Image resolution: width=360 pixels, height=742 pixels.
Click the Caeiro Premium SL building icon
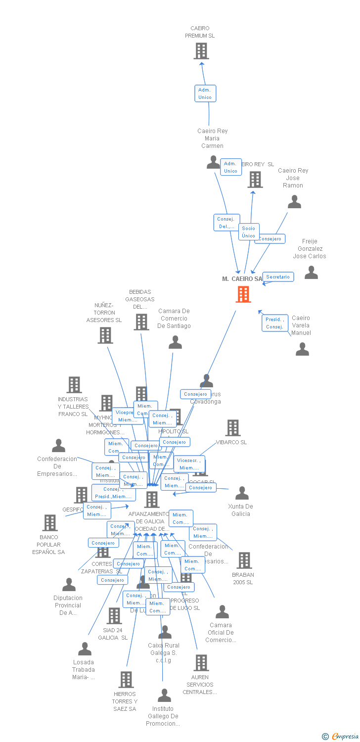[201, 51]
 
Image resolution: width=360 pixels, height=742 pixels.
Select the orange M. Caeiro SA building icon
[243, 294]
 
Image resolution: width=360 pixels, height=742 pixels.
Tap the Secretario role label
[278, 277]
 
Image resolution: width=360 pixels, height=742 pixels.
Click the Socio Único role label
[248, 232]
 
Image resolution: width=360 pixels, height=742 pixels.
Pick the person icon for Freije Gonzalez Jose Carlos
[311, 273]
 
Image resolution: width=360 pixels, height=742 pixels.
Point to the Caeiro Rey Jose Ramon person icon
[295, 202]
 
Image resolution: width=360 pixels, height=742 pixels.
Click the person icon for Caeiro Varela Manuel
[302, 349]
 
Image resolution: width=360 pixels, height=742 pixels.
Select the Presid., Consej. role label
[274, 323]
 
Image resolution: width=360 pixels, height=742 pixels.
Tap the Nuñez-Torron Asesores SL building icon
[105, 335]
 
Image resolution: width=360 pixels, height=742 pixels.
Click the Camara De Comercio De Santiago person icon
[175, 342]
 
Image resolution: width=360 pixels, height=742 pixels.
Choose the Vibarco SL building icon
[232, 428]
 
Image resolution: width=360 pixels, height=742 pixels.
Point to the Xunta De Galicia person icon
[242, 493]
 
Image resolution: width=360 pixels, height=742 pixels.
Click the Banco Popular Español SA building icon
[49, 523]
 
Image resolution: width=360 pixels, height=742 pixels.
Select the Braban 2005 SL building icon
[244, 560]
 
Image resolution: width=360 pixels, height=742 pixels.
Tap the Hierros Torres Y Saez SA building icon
[126, 680]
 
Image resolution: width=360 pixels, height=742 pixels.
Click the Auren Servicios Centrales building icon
[201, 663]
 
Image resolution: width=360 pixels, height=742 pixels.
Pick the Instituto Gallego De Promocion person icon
[164, 696]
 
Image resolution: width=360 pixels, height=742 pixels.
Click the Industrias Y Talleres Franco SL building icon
[74, 385]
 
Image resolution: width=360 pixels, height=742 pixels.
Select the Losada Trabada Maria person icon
[85, 649]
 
